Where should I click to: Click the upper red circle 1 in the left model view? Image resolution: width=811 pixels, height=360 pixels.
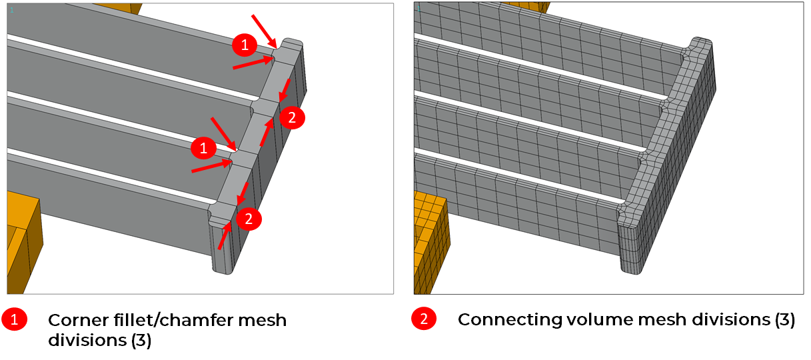point(245,45)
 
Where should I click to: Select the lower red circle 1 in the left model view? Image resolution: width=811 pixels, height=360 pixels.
point(203,148)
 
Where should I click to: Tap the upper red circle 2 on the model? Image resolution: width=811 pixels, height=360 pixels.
point(292,117)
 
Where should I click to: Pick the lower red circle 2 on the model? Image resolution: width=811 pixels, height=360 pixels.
point(249,219)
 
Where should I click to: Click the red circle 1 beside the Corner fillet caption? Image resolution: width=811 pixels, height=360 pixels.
point(14,319)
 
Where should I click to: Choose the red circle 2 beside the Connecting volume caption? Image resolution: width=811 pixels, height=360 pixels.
point(424,319)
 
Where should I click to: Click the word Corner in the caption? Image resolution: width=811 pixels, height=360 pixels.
point(77,320)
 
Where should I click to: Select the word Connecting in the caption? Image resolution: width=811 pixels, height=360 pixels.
point(509,320)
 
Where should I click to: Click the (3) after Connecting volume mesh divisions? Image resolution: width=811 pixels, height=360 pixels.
point(784,320)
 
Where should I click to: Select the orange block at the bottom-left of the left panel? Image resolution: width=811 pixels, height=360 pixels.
point(23,243)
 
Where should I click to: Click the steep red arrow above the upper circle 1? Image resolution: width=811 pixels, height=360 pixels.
point(265,31)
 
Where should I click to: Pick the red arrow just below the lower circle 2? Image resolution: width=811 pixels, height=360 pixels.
point(225,235)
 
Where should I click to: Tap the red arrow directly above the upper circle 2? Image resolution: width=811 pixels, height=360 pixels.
point(285,91)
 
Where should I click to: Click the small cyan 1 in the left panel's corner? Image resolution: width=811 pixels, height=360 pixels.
point(12,10)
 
